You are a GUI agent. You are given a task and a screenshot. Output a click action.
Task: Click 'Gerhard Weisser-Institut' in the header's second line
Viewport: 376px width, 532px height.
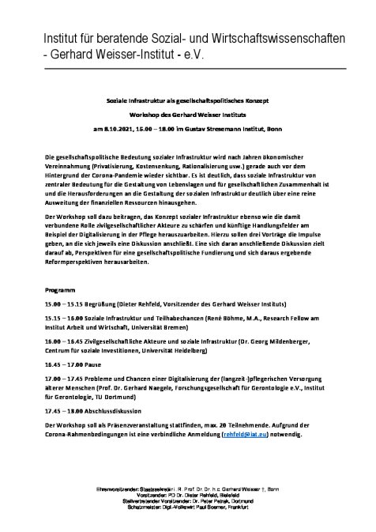(112, 55)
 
